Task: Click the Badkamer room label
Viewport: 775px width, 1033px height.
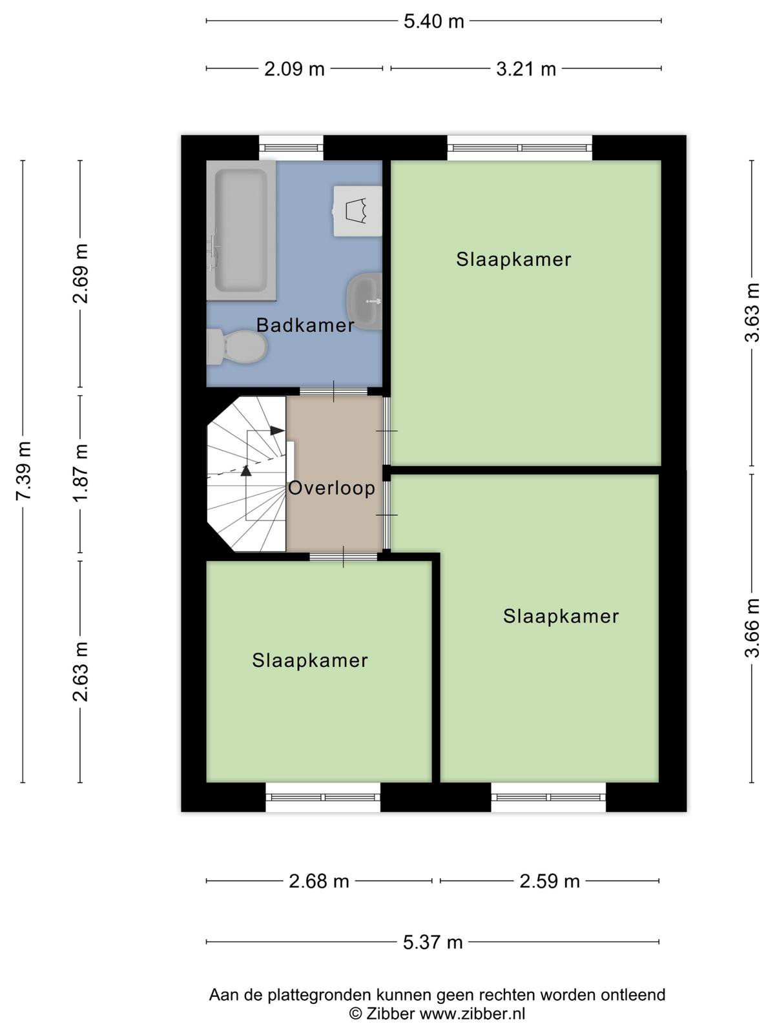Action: (x=305, y=325)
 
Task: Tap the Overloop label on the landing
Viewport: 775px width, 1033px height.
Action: (x=332, y=488)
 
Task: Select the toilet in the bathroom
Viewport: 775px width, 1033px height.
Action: (x=237, y=347)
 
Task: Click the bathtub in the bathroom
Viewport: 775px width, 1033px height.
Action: (x=242, y=230)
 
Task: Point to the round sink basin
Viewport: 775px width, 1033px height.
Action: (x=364, y=302)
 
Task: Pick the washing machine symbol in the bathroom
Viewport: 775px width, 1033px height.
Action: (x=358, y=210)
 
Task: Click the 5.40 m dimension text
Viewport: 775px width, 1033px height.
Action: (x=434, y=22)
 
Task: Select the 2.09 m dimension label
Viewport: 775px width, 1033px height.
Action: (x=294, y=70)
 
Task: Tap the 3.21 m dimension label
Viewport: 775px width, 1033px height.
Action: (x=526, y=70)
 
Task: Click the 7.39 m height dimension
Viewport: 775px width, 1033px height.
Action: (x=23, y=471)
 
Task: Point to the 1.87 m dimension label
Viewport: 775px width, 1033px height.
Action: (x=81, y=473)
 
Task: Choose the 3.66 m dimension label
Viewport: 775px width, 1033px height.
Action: (x=752, y=628)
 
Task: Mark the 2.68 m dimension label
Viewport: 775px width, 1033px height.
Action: (x=319, y=881)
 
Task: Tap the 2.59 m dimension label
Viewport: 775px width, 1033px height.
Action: (x=550, y=881)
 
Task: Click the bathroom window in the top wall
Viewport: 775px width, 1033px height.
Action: (x=291, y=147)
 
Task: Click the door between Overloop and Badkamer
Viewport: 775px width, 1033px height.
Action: (x=334, y=391)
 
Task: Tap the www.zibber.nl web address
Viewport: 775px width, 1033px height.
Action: (x=472, y=1013)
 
